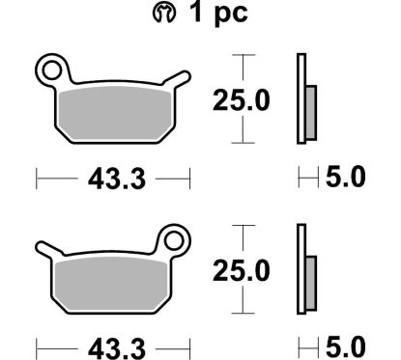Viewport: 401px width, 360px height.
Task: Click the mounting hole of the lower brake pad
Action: (x=174, y=238)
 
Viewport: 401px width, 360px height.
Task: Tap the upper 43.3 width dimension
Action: (x=113, y=177)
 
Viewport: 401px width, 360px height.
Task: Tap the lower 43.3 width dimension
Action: (x=113, y=345)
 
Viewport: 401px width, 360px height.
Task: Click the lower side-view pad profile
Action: (x=301, y=271)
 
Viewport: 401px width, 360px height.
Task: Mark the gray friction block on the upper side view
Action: (x=310, y=106)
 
